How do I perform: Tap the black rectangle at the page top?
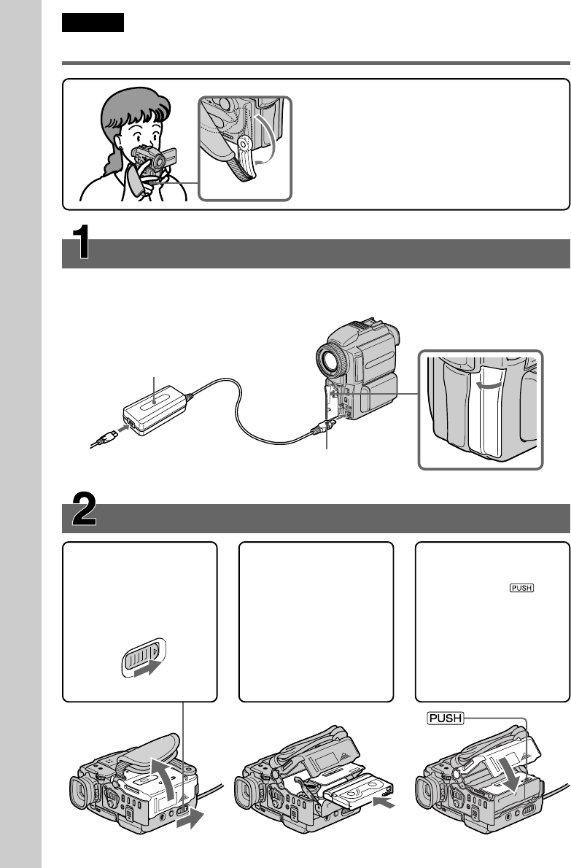point(93,23)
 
